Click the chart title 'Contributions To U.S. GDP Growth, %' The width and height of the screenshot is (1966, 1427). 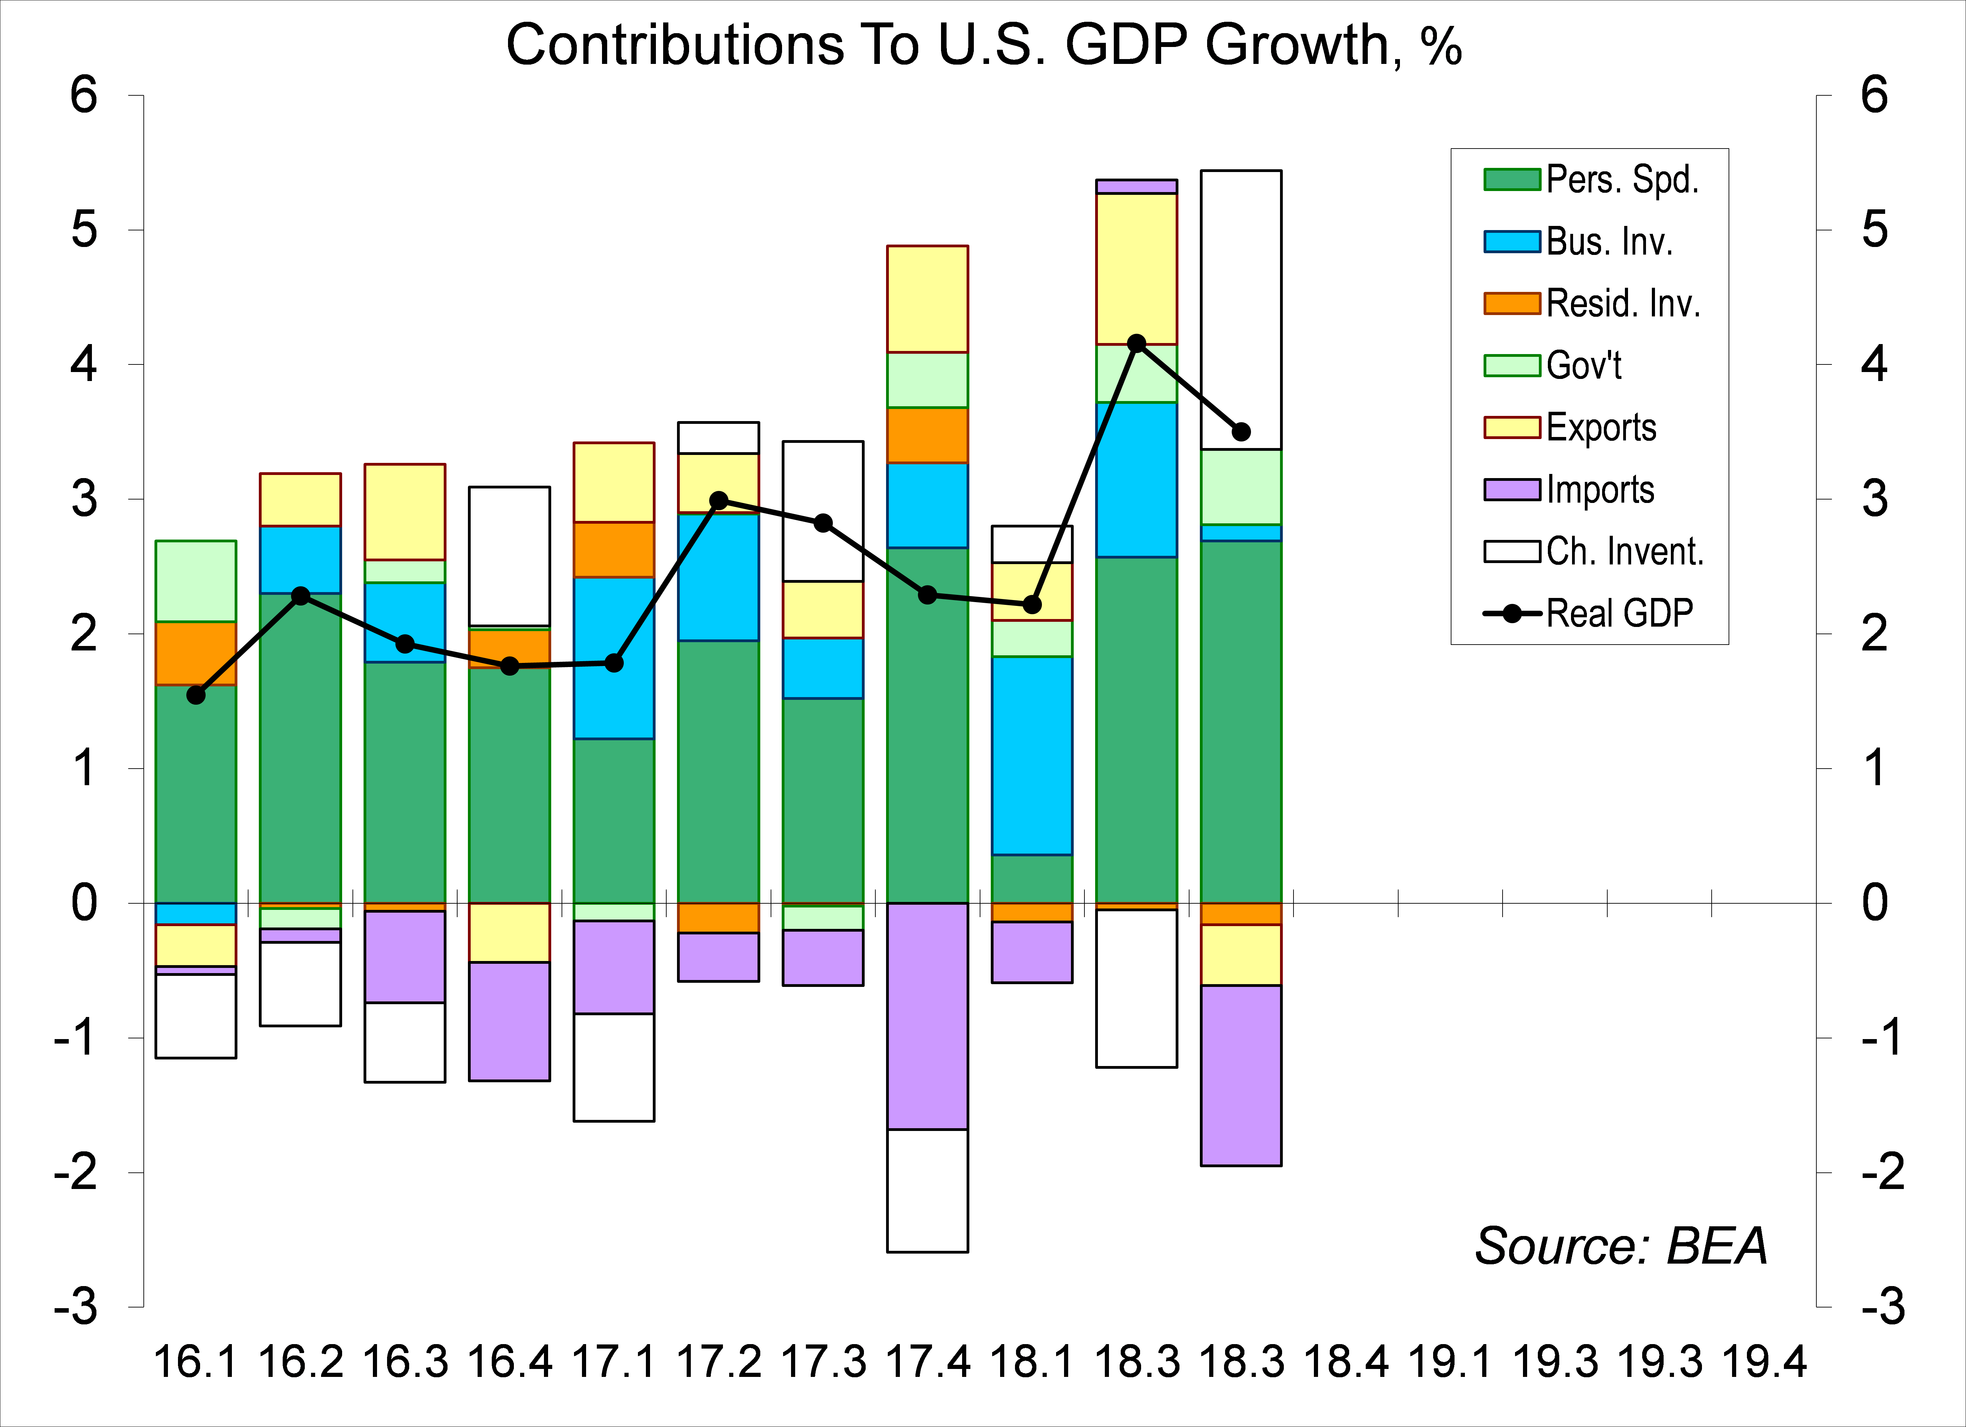click(x=983, y=45)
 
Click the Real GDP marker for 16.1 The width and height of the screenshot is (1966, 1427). click(x=196, y=695)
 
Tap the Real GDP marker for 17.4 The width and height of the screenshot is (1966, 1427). click(x=928, y=594)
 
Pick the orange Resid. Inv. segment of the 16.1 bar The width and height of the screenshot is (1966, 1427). click(x=196, y=653)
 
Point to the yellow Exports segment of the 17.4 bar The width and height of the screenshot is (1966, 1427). click(x=928, y=299)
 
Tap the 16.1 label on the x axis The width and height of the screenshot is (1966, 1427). click(x=196, y=1362)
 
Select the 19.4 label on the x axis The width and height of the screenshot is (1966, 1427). click(x=1764, y=1362)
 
